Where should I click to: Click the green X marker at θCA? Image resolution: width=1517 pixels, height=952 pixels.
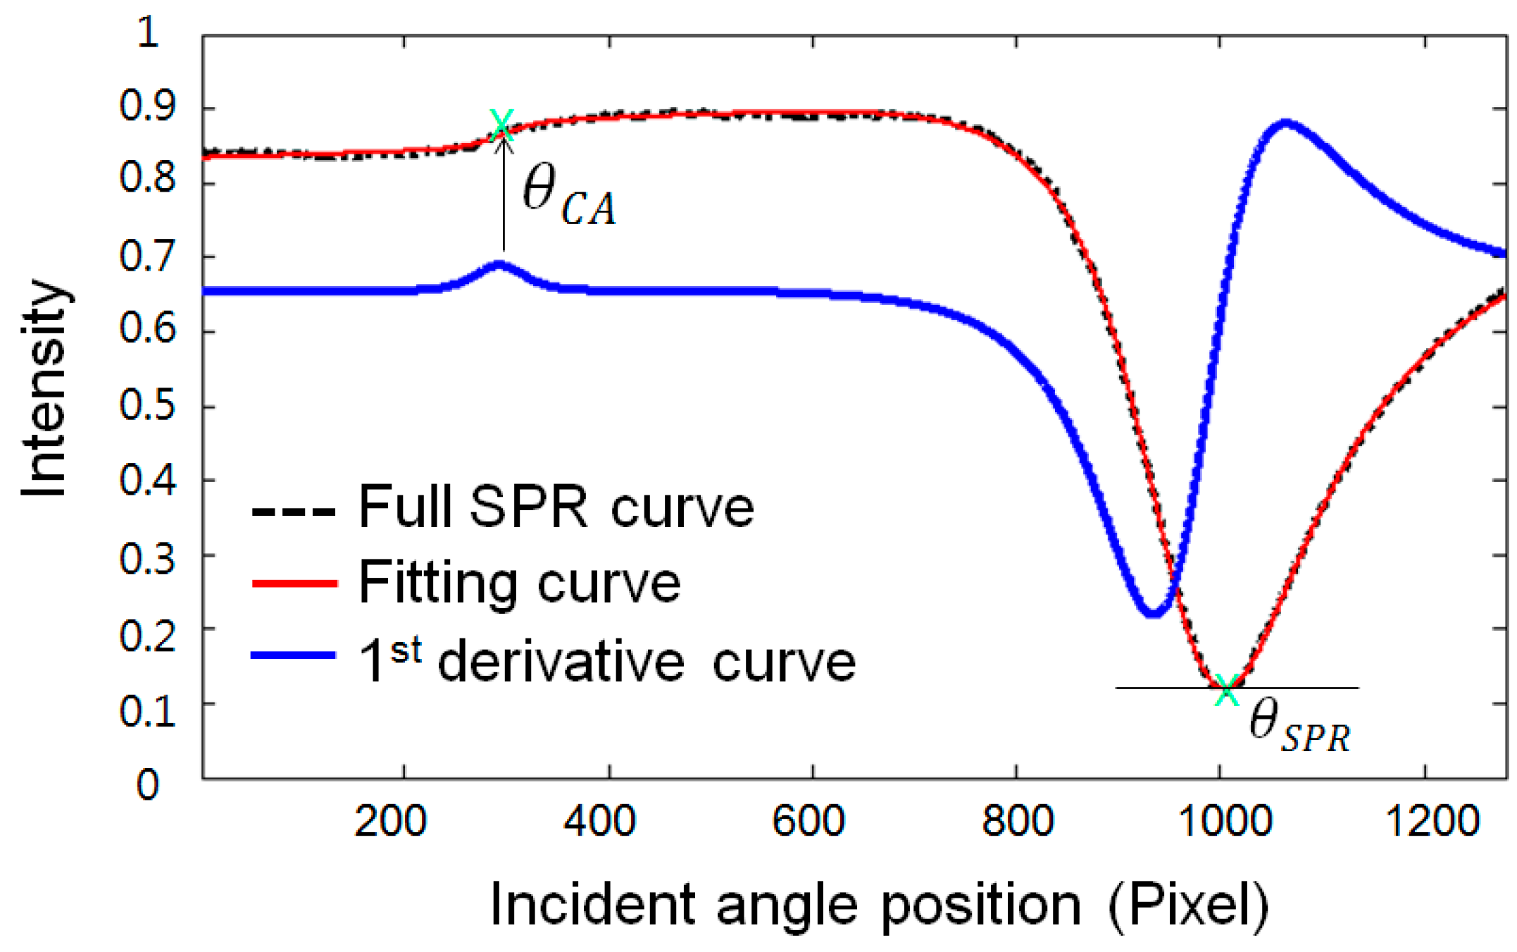[501, 125]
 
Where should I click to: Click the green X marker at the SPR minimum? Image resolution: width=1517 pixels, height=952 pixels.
[1227, 691]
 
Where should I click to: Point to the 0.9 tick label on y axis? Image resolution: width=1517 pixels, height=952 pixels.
[146, 107]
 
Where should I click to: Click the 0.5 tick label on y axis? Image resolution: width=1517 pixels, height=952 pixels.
[146, 405]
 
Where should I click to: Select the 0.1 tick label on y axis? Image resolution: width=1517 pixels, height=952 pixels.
[146, 711]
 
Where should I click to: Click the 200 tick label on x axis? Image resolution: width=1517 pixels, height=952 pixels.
[389, 822]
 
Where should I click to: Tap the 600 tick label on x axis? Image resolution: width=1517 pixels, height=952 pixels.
[808, 822]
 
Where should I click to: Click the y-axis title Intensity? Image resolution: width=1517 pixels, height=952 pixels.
[44, 389]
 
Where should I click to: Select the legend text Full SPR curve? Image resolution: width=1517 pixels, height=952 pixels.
[556, 507]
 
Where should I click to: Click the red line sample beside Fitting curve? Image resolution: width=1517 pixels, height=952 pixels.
[294, 583]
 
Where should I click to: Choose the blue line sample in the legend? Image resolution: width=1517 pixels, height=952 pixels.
[294, 655]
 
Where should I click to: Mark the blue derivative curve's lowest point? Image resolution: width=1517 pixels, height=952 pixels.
[1151, 613]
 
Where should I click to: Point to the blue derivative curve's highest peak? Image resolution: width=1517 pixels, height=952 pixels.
[1286, 124]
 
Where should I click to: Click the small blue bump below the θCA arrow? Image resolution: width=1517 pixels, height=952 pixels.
[499, 266]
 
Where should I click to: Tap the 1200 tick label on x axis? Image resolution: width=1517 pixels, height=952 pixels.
[1432, 822]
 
